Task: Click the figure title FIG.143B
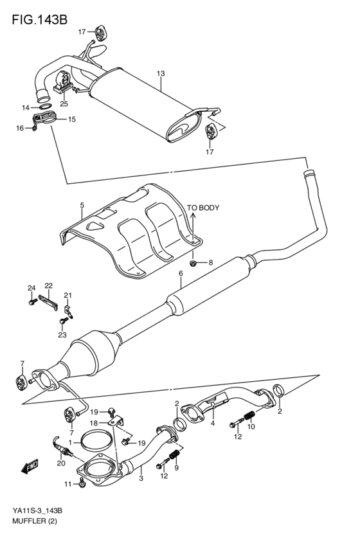click(39, 20)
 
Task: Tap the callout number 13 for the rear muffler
click(161, 74)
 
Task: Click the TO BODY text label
click(203, 208)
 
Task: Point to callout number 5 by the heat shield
click(82, 206)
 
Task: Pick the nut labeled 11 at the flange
click(83, 483)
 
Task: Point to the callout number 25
click(64, 103)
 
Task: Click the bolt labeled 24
click(32, 300)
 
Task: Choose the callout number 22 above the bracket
click(48, 285)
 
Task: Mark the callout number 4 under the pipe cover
click(212, 423)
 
